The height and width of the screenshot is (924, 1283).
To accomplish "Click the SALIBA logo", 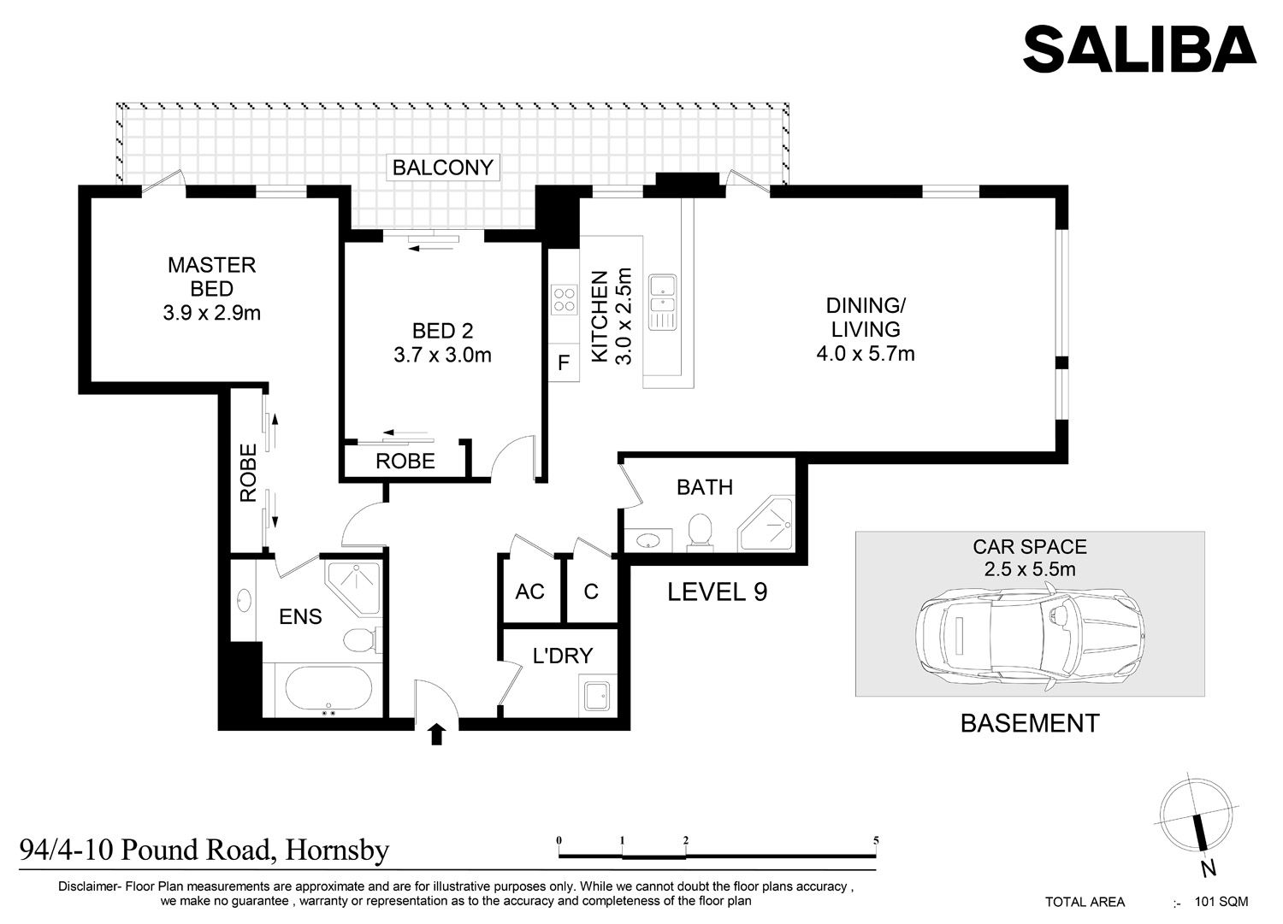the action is [x=1139, y=50].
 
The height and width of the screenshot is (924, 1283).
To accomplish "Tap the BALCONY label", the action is [x=443, y=168].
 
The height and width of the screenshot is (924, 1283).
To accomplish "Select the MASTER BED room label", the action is [x=212, y=276].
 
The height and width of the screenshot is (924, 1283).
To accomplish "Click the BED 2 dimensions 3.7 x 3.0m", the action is [x=442, y=355].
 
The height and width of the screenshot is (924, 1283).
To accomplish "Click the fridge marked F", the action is [x=564, y=362].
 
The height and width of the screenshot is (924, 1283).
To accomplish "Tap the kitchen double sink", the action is [x=662, y=303].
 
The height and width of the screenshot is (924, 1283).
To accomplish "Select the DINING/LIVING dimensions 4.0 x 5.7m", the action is [x=866, y=354].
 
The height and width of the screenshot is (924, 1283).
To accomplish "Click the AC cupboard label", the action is [x=529, y=591].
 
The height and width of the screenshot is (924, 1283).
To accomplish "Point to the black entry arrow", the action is [x=437, y=734].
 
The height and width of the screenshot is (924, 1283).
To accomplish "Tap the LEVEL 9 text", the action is [x=717, y=591].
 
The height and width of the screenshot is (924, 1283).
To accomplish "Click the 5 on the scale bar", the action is [x=876, y=840].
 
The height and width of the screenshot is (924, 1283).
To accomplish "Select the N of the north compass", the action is [x=1208, y=869].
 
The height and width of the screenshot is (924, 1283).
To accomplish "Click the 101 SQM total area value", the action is [x=1221, y=902].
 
